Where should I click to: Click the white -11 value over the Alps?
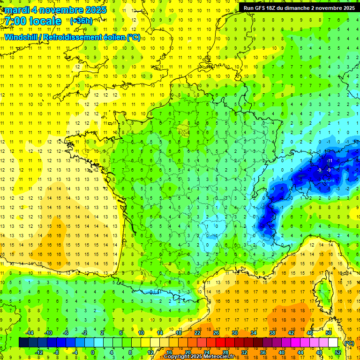click(x=329, y=161)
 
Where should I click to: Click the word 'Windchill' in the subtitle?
click(x=21, y=37)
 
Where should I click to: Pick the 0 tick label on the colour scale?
click(x=93, y=352)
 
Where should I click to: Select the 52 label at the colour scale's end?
click(x=338, y=352)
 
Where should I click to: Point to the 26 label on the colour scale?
click(x=216, y=333)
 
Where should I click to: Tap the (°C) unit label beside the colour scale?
click(x=349, y=343)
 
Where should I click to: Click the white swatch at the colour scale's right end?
click(x=333, y=343)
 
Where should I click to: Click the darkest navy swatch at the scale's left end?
click(x=23, y=343)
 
